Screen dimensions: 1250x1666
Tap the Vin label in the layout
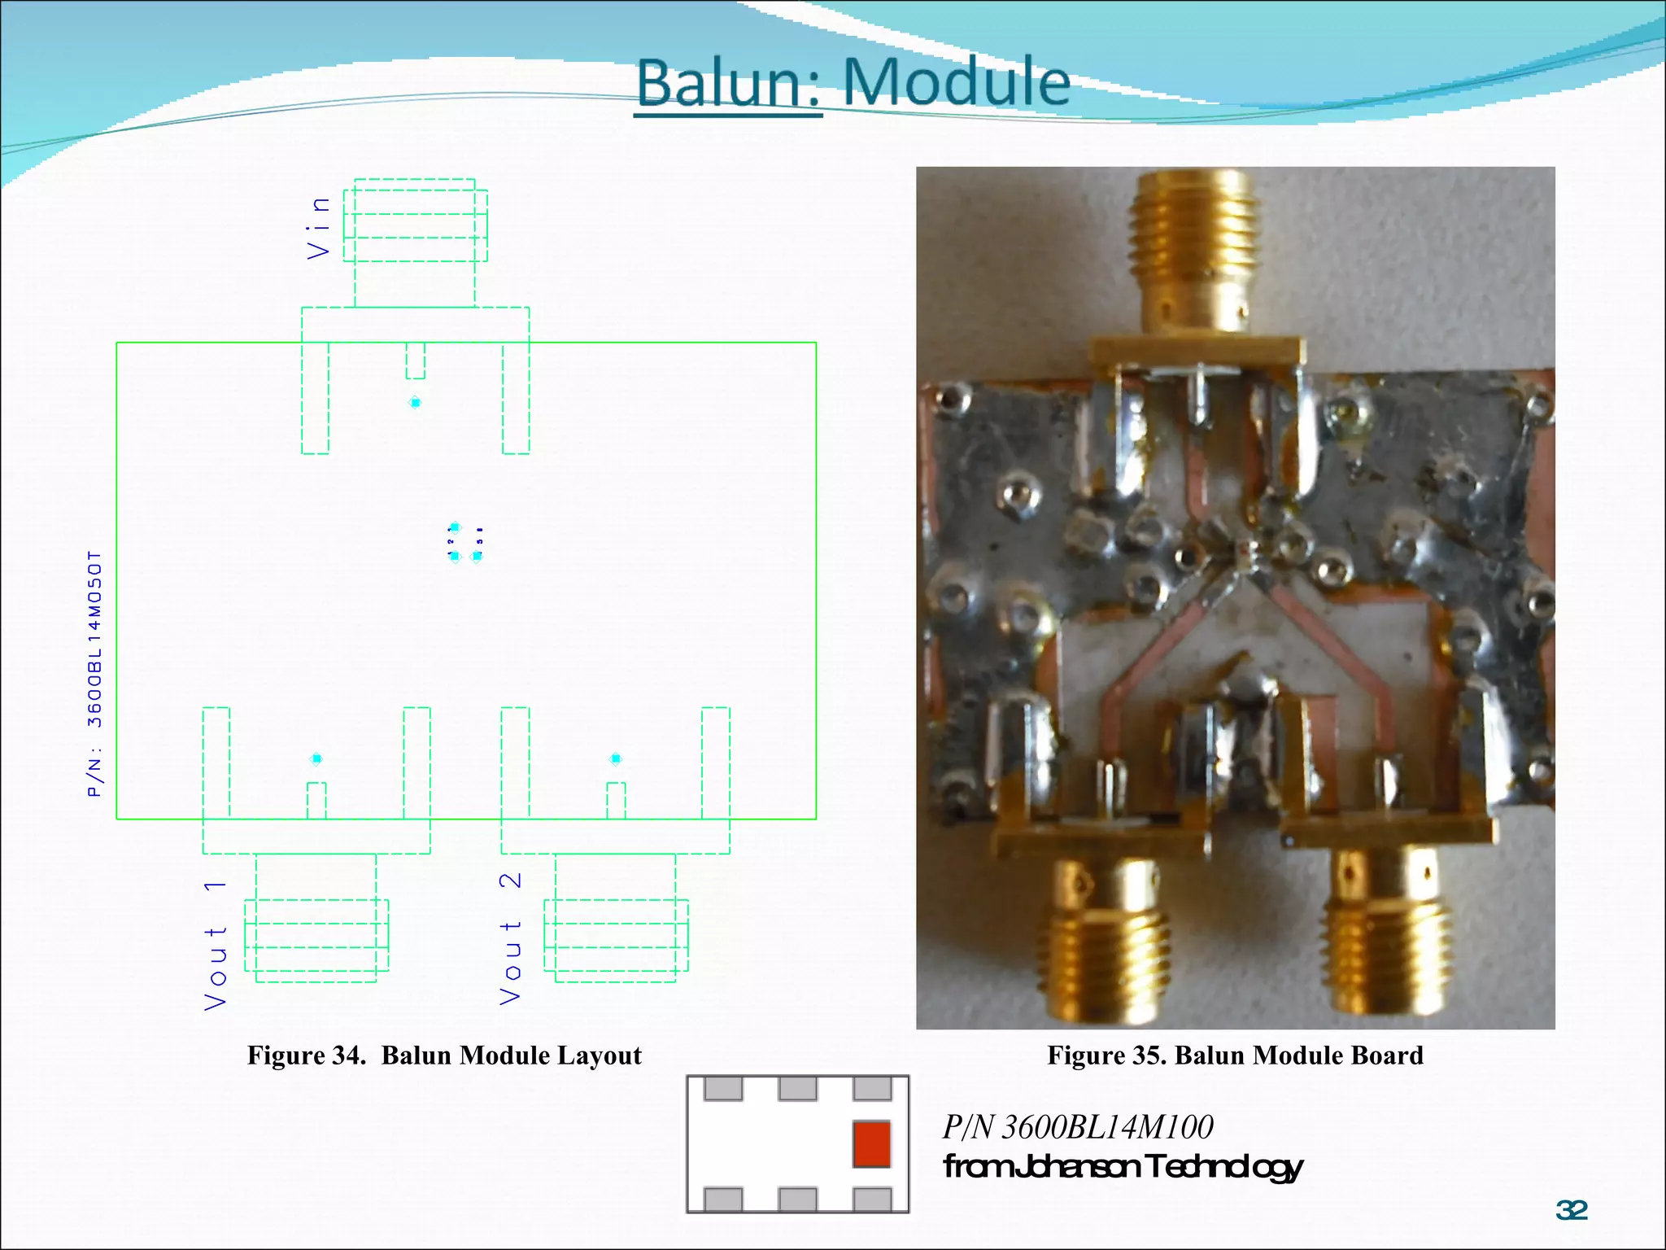pyautogui.click(x=319, y=228)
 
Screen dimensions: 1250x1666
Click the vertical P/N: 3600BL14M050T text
pyautogui.click(x=95, y=674)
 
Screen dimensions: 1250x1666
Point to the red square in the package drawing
pyautogui.click(x=871, y=1143)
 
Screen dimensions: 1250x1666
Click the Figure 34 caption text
pyautogui.click(x=444, y=1056)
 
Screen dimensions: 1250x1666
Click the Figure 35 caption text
pyautogui.click(x=1235, y=1056)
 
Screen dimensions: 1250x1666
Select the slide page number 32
pyautogui.click(x=1572, y=1210)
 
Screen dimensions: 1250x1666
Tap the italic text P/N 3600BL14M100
pyautogui.click(x=1078, y=1127)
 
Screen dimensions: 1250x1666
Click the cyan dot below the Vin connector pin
pyautogui.click(x=415, y=403)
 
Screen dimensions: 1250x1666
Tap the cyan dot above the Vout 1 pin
pyautogui.click(x=316, y=758)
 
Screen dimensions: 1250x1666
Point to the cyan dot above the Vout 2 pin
pyautogui.click(x=616, y=758)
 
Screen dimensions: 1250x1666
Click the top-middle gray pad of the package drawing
pyautogui.click(x=797, y=1089)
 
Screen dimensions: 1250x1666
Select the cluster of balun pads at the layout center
pyautogui.click(x=465, y=543)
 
